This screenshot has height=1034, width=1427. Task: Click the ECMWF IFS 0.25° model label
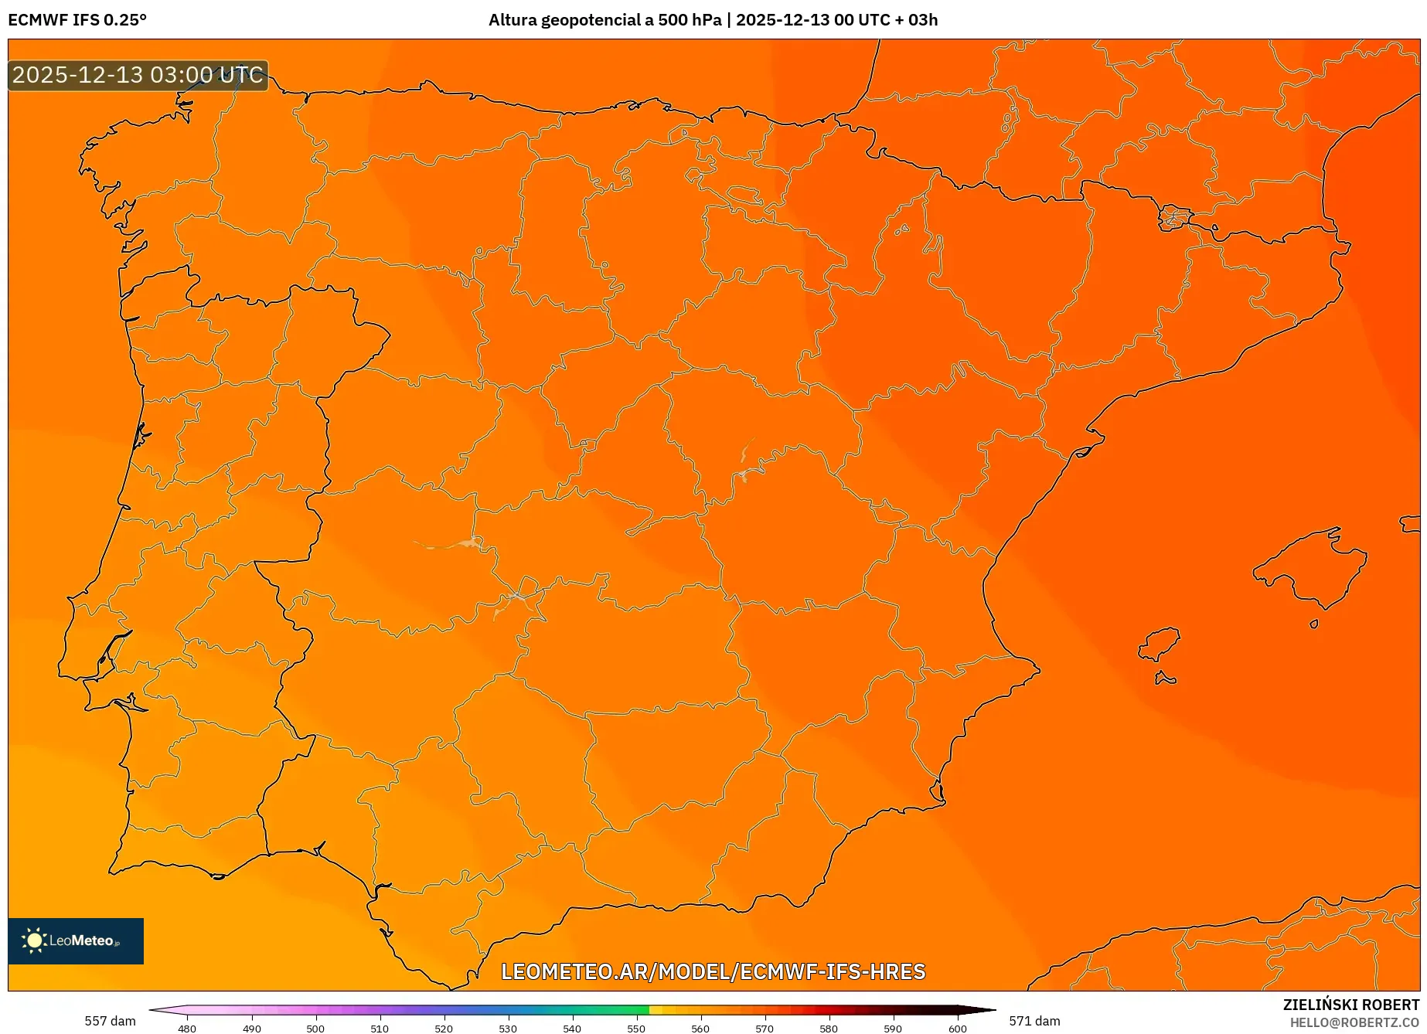[x=77, y=20]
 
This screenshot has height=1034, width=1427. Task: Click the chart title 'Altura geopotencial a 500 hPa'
[x=605, y=20]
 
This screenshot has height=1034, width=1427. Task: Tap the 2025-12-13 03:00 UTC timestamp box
[x=138, y=75]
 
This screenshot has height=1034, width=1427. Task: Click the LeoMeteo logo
[x=76, y=940]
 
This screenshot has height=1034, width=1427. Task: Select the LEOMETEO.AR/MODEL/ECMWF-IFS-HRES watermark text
[x=713, y=971]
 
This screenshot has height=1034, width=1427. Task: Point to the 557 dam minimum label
[x=110, y=1021]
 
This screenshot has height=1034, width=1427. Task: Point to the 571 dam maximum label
[x=1034, y=1021]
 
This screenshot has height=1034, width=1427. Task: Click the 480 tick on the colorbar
[x=187, y=1028]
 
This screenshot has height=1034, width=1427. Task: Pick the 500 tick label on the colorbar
[x=315, y=1028]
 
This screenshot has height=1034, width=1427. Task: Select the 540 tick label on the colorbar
[x=572, y=1028]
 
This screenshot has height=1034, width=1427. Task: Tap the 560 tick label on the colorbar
[x=700, y=1028]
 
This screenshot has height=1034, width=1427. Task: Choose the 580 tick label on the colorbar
[x=829, y=1028]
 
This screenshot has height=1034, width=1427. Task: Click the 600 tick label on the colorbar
[x=957, y=1028]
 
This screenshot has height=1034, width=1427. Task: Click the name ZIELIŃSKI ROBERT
[x=1351, y=1005]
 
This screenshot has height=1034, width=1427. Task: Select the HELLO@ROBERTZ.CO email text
[x=1354, y=1022]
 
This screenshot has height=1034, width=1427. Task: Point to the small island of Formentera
[x=1165, y=679]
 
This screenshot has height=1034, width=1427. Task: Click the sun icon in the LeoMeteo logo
[x=34, y=940]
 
